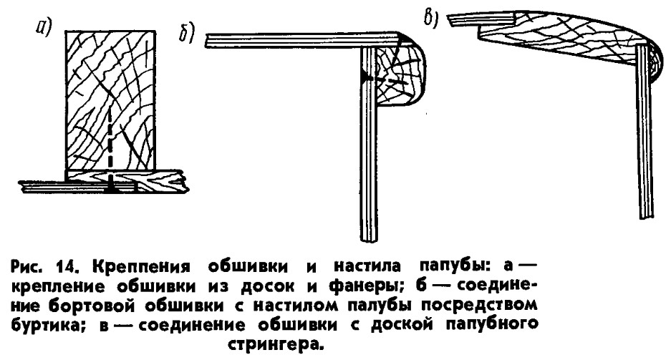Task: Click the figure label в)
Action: coord(430,17)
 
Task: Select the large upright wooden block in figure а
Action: coord(110,100)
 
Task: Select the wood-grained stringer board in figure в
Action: coord(561,38)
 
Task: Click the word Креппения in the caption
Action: coord(141,267)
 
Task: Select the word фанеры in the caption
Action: coord(364,286)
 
